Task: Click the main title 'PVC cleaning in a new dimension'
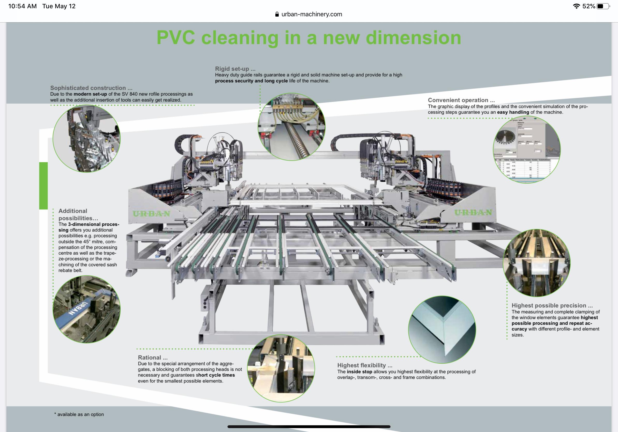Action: pos(309,38)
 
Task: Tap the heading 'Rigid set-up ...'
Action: pos(235,69)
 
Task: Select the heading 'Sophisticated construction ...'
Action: pos(91,88)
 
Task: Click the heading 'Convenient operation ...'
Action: pos(461,100)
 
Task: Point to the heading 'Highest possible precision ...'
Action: pos(552,305)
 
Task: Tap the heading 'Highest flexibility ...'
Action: pos(365,365)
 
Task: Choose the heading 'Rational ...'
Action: pos(153,357)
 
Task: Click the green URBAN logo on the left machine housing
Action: pos(152,214)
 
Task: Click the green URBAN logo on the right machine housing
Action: pos(473,212)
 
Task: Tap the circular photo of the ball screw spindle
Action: pos(291,127)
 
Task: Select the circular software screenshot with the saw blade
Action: pos(526,150)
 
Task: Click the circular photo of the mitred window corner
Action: pos(442,330)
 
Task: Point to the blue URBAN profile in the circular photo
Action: pos(79,308)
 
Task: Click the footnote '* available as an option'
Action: pos(79,414)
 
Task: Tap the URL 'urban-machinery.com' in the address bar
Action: pos(311,14)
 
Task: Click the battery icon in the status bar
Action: pos(603,6)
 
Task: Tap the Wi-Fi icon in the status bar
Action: pos(576,6)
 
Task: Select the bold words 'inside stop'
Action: pos(359,372)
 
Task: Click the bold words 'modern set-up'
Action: pos(90,94)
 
